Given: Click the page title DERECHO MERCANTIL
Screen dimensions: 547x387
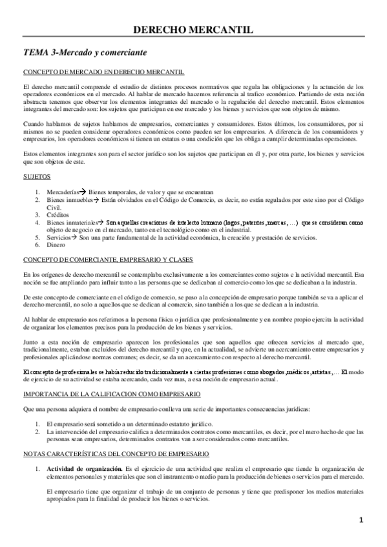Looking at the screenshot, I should tap(193, 29).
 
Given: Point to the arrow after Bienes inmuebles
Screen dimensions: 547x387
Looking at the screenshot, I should tap(94, 199).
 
